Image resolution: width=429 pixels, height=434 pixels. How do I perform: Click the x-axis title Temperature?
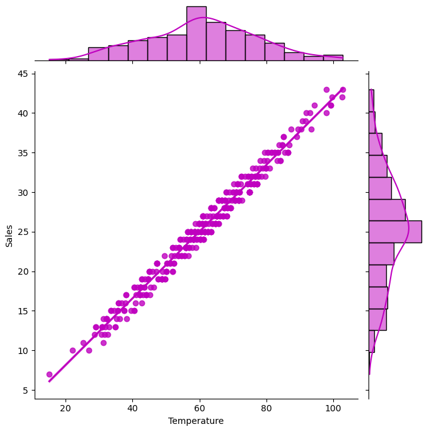click(x=195, y=421)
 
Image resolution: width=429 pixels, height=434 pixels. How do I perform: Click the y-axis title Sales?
click(x=9, y=234)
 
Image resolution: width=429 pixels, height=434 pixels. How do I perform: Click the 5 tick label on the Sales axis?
click(x=26, y=391)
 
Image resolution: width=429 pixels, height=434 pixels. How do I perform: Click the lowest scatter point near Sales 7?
click(x=49, y=374)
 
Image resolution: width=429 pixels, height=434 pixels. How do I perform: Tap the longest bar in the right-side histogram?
click(x=395, y=232)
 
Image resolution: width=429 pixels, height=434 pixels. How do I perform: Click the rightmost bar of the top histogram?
click(x=333, y=57)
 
